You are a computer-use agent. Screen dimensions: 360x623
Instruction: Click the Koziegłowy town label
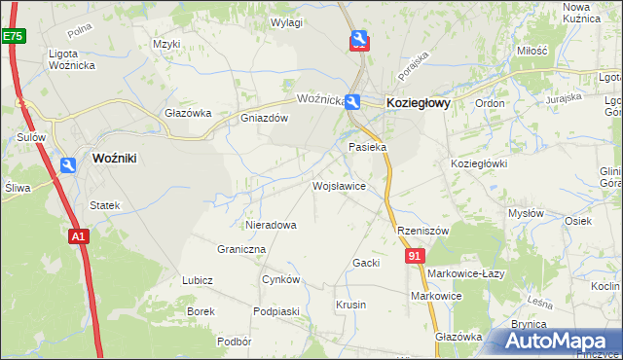(x=419, y=101)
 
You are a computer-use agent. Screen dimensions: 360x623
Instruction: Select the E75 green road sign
(x=13, y=36)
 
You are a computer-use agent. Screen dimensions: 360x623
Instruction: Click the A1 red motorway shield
(x=79, y=235)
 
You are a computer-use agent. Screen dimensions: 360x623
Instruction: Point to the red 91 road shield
(x=416, y=255)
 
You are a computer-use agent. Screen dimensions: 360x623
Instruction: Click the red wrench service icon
(x=358, y=40)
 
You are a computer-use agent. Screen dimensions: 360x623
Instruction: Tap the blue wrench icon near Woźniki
(x=67, y=166)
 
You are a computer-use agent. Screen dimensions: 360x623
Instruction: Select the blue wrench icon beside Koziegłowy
(x=352, y=101)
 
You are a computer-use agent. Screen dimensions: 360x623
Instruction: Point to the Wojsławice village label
(x=339, y=185)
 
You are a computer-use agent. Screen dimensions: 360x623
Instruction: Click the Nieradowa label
(x=272, y=225)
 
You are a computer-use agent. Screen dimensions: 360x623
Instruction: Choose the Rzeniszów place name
(x=422, y=231)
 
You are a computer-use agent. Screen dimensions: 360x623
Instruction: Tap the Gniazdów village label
(x=265, y=119)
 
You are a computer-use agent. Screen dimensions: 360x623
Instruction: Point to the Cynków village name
(x=281, y=279)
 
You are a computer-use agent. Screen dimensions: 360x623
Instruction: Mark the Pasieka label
(x=369, y=147)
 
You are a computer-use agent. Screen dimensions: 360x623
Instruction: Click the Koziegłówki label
(x=479, y=163)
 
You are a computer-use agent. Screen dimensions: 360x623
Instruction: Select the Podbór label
(x=235, y=342)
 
